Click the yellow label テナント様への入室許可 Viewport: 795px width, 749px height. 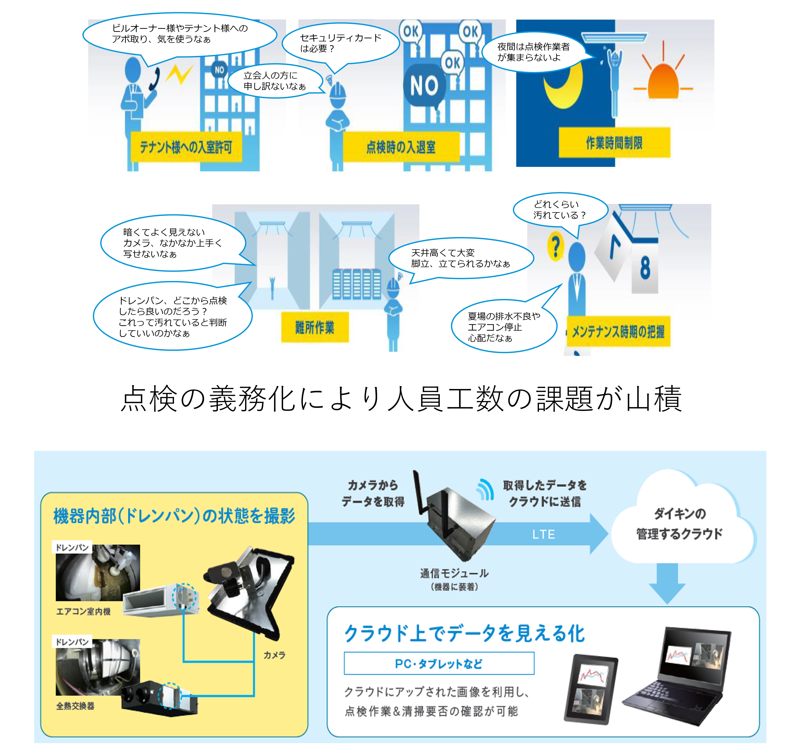coord(186,147)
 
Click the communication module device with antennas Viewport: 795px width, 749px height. coord(456,520)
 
